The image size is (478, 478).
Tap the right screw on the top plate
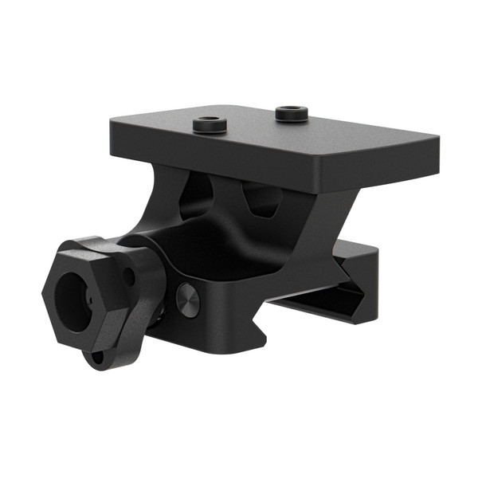click(x=290, y=113)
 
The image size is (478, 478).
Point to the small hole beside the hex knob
click(x=128, y=278)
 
